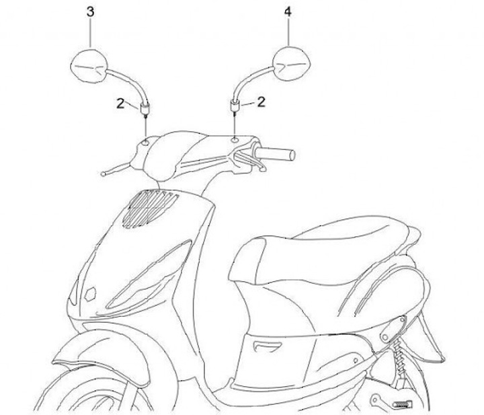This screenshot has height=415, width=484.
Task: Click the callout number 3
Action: (91, 12)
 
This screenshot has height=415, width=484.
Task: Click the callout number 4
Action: (288, 12)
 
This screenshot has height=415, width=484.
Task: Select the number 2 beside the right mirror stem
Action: (261, 102)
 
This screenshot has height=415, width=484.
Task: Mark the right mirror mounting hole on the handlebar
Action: (233, 139)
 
